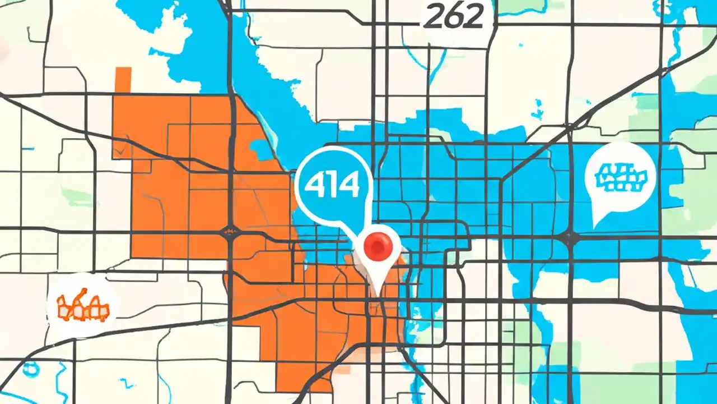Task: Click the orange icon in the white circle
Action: click(83, 306)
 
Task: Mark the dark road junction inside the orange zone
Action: click(230, 231)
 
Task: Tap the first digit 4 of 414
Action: click(313, 185)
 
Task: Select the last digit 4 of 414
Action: click(350, 185)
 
